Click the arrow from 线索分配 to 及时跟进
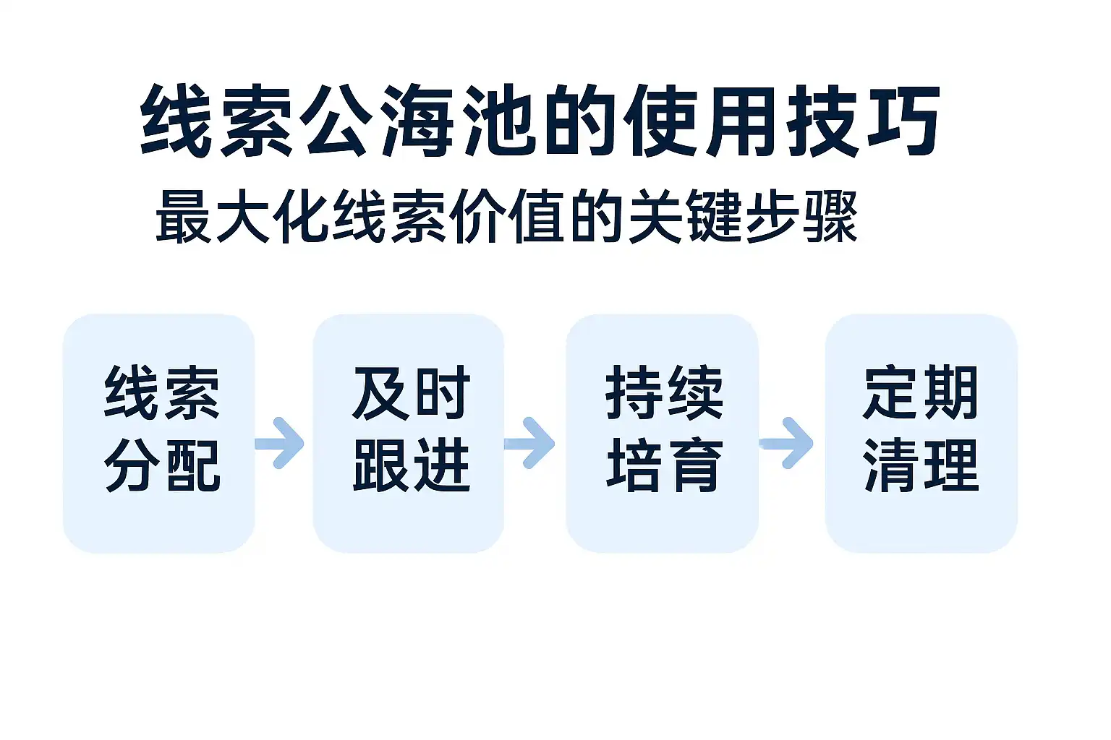[281, 442]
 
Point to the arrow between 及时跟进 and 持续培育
[531, 442]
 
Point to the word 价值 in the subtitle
[506, 216]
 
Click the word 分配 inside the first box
[162, 465]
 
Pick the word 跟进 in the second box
[412, 465]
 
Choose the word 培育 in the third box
[664, 465]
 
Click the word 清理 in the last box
[921, 465]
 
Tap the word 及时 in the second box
[412, 393]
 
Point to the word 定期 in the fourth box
[921, 393]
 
